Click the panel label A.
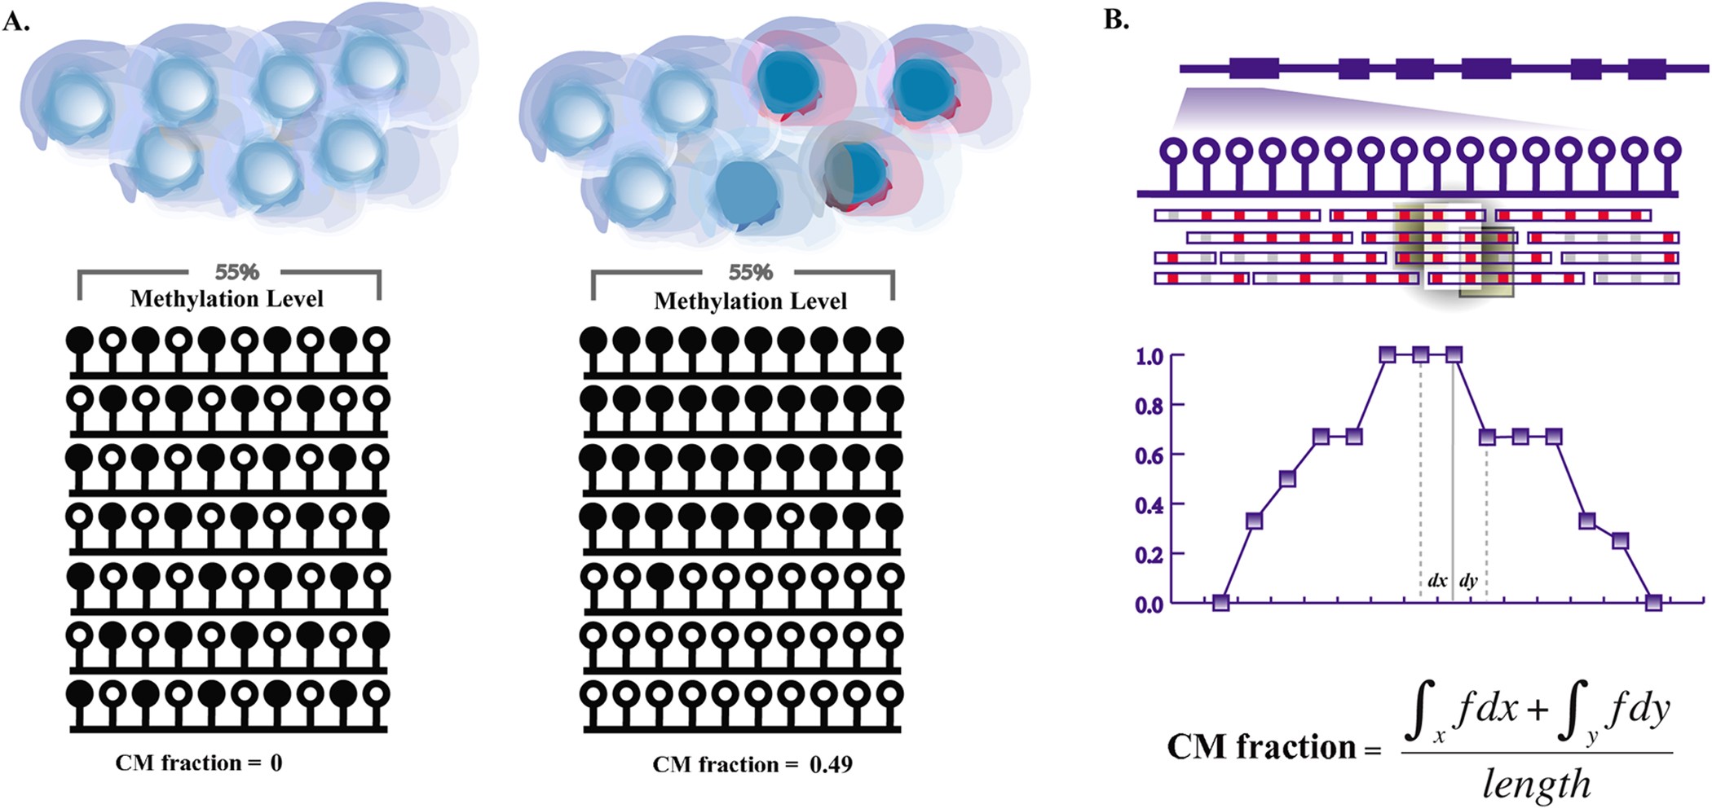click(x=16, y=21)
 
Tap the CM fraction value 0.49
click(x=831, y=764)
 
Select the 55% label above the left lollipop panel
click(x=236, y=272)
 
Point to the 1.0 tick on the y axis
click(x=1149, y=356)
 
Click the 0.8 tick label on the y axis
click(x=1149, y=405)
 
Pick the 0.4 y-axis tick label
click(x=1149, y=505)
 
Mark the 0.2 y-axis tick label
click(x=1149, y=555)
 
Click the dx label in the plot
click(x=1436, y=581)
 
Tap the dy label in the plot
click(x=1468, y=581)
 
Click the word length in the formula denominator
click(x=1536, y=784)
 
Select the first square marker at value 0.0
click(x=1220, y=603)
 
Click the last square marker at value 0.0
click(x=1653, y=603)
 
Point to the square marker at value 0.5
click(x=1287, y=478)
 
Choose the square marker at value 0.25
click(x=1620, y=540)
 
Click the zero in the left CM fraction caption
click(x=276, y=763)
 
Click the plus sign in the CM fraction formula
click(x=1537, y=710)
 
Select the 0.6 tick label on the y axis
click(x=1149, y=455)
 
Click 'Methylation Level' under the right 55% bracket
click(x=750, y=301)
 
